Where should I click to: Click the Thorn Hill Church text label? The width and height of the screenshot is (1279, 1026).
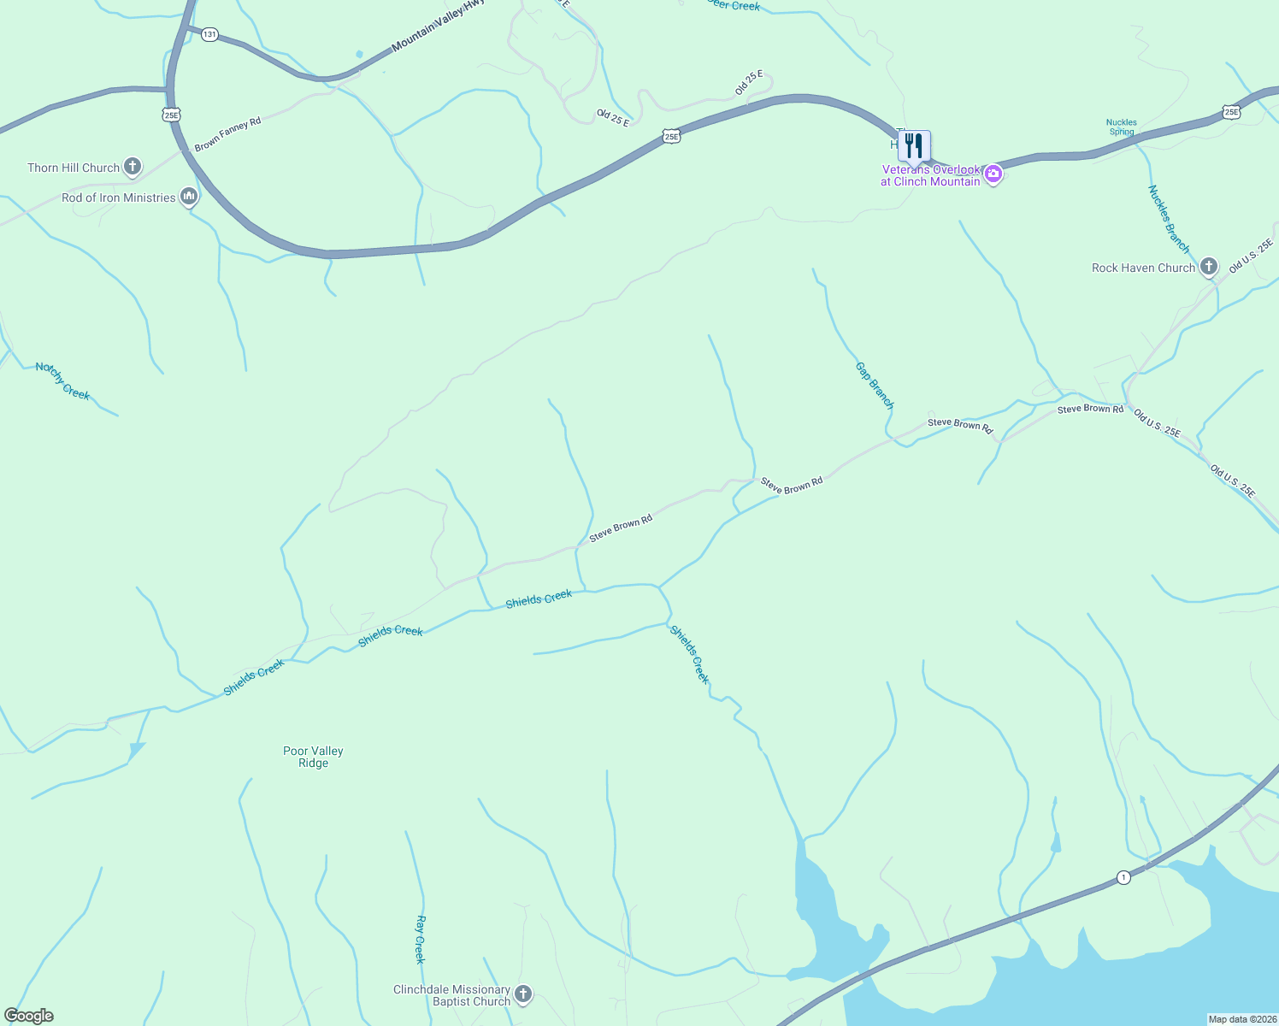click(x=74, y=168)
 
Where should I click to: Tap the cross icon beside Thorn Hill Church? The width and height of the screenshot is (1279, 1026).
click(x=133, y=166)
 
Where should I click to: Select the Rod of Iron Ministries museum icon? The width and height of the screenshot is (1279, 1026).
click(x=190, y=198)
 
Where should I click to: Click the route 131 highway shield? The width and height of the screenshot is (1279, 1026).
click(x=209, y=34)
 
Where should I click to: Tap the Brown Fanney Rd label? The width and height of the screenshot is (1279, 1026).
click(x=227, y=134)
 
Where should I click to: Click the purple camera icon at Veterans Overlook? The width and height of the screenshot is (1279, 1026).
click(x=993, y=174)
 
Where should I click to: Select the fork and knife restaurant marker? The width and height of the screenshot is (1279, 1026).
click(x=914, y=145)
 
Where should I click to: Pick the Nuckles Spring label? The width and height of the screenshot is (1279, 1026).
click(x=1122, y=127)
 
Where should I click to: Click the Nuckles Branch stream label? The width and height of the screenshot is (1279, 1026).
click(x=1169, y=219)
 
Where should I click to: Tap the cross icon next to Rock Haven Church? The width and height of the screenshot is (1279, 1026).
click(x=1209, y=267)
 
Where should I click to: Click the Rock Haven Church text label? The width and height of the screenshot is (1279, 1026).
click(x=1143, y=268)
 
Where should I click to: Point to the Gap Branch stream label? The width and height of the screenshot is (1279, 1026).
click(x=875, y=385)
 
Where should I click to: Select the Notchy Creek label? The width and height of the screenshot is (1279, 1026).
click(x=62, y=380)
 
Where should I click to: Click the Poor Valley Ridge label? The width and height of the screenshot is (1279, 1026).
click(x=313, y=757)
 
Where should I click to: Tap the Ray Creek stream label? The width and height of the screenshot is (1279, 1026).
click(x=420, y=939)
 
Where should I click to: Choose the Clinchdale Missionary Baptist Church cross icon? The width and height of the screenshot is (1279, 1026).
click(x=524, y=994)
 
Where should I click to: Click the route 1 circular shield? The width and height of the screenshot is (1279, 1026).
click(x=1123, y=877)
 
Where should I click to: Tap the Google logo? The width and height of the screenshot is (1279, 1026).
click(x=29, y=1016)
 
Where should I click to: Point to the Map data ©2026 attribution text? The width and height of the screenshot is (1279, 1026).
click(x=1241, y=1019)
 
